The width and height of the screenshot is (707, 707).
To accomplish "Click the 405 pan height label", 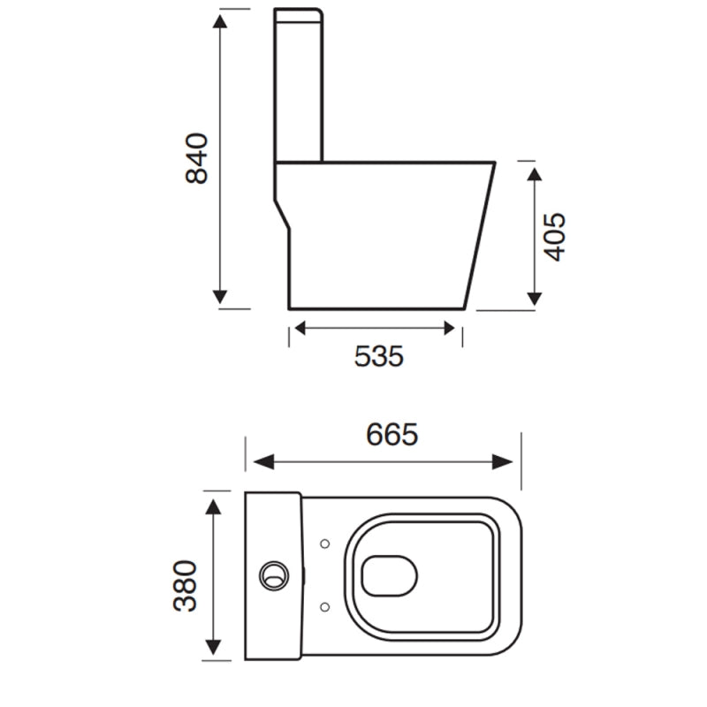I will [553, 237].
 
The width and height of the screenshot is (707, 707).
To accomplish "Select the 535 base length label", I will [378, 356].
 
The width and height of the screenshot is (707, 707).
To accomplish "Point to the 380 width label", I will [186, 585].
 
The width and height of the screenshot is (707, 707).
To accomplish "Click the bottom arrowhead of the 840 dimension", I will [221, 297].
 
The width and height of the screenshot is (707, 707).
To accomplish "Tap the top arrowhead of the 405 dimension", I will [534, 172].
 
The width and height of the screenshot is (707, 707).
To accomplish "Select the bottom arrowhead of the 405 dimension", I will [534, 299].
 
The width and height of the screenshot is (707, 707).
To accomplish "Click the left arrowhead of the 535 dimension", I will [300, 329].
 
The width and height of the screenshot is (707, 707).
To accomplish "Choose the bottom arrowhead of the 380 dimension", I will [212, 650].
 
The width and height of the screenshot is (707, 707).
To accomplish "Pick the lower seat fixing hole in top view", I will [324, 607].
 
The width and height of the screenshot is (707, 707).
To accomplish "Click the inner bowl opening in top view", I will [388, 575].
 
